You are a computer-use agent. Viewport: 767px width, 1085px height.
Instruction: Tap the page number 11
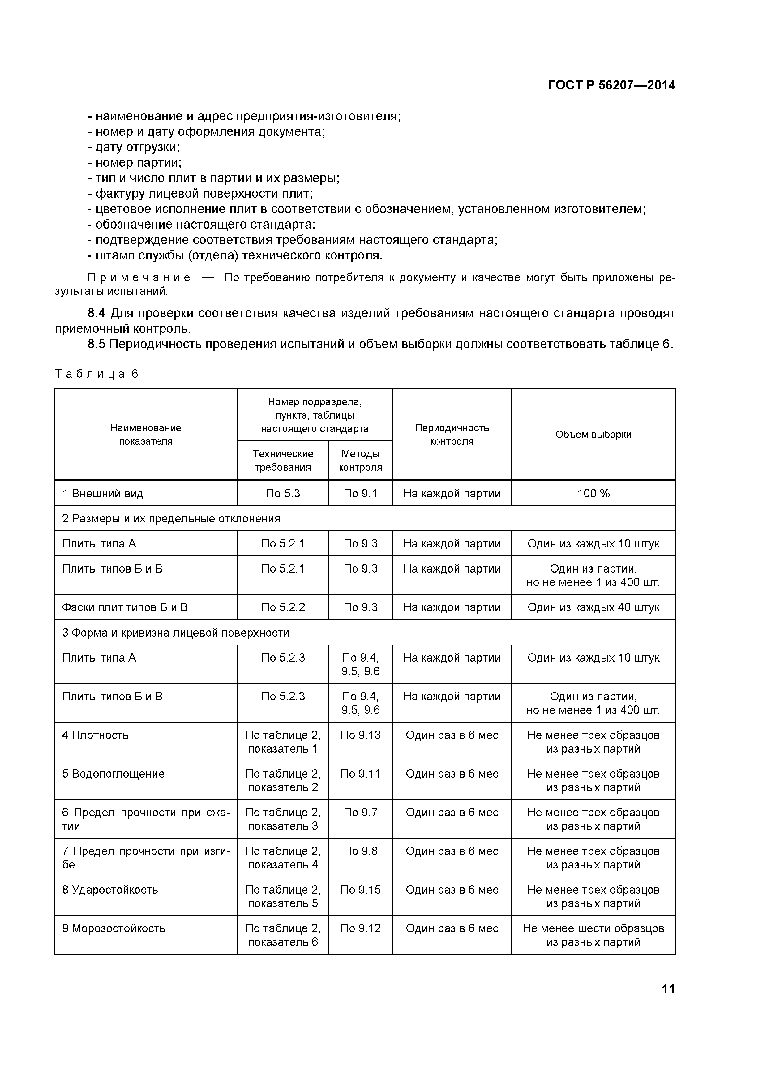668,989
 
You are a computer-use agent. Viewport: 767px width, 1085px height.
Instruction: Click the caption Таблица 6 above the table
96,374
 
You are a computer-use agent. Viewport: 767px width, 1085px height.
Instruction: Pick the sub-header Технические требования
283,460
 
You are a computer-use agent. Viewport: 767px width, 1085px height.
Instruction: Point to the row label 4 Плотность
96,735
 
